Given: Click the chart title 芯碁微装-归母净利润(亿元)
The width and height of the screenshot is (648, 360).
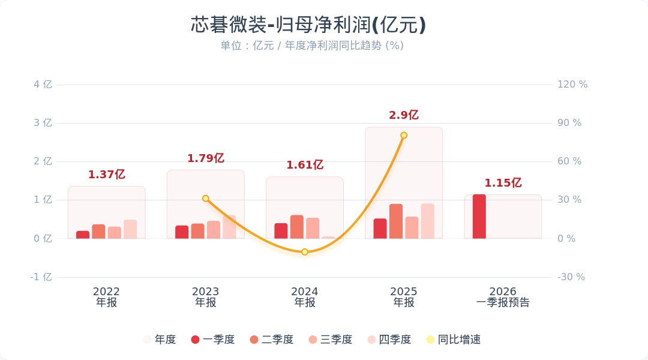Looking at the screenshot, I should (x=308, y=25).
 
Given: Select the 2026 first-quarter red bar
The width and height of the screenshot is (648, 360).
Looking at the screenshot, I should (x=479, y=217).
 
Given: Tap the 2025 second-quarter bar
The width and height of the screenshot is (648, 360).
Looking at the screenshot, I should (x=396, y=221).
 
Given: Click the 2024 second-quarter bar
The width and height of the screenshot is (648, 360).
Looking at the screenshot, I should (x=297, y=227).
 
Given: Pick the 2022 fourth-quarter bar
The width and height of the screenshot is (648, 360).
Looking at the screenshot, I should (x=130, y=229).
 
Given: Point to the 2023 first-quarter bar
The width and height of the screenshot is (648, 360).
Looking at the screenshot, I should (x=182, y=232).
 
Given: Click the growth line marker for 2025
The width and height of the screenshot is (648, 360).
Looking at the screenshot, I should (x=404, y=136).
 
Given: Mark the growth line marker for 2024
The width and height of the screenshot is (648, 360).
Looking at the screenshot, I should (x=305, y=252).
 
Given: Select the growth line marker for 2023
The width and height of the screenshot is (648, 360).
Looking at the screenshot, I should (x=206, y=199).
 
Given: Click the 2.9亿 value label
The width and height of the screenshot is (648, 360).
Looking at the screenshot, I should (x=404, y=115).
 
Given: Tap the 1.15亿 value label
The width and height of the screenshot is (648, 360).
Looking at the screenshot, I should (x=503, y=183).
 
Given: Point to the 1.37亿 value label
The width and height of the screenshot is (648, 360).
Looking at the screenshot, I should (x=106, y=175).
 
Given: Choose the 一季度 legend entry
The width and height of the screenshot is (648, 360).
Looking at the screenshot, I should (x=213, y=340).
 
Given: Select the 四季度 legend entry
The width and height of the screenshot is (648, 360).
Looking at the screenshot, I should (x=389, y=340).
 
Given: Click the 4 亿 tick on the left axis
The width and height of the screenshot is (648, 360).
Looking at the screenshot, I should (x=43, y=85).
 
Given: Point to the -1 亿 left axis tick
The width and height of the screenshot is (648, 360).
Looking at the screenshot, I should (x=41, y=277).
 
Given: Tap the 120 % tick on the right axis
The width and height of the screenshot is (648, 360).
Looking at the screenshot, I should (x=572, y=85).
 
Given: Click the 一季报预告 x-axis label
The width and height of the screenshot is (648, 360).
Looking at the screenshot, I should (x=503, y=303).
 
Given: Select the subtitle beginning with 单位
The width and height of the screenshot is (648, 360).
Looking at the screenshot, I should (x=312, y=46).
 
